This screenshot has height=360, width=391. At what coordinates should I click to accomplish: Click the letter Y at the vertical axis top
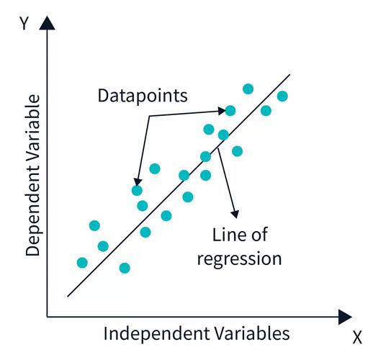24,23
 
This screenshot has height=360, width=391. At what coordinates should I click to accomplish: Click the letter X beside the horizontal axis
357,338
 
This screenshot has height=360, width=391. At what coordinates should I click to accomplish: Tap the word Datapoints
143,96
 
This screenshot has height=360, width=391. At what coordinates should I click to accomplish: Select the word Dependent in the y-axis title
33,212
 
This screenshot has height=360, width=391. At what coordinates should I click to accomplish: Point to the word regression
239,259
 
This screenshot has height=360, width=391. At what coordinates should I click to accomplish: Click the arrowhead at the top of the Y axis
47,23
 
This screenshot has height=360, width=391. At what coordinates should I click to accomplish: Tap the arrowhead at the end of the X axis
345,317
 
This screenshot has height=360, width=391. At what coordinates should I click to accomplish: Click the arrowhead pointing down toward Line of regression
235,214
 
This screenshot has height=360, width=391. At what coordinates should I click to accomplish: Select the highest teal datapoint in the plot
248,89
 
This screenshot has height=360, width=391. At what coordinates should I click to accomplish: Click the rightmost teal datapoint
282,96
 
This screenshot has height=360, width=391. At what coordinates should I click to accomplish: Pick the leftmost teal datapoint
82,263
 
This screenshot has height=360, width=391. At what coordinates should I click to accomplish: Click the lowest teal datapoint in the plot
125,268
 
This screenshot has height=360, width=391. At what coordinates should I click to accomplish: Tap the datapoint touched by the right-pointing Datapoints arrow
230,111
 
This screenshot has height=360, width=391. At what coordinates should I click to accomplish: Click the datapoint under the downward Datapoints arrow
137,191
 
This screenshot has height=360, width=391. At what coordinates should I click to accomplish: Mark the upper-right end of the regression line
289,74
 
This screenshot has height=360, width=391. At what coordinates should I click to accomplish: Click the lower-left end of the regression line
68,297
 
